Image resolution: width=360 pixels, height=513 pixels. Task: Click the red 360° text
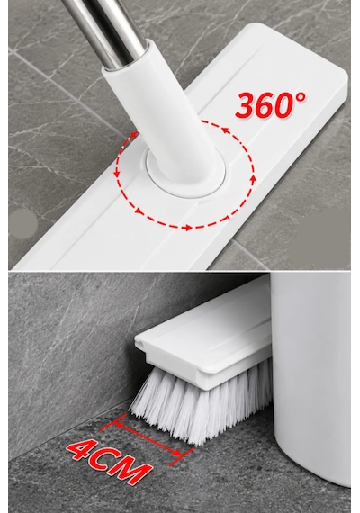tap(270, 105)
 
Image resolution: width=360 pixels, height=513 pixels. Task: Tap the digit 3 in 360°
tap(246, 106)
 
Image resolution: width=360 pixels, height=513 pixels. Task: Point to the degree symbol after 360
tap(301, 97)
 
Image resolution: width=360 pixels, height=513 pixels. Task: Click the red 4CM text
tap(109, 461)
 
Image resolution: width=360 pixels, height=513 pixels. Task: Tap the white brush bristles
tap(200, 406)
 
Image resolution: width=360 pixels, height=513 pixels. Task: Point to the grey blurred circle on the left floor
tap(22, 223)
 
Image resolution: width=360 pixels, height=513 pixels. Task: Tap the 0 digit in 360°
tap(285, 104)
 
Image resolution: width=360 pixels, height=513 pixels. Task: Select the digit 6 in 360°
tap(265, 105)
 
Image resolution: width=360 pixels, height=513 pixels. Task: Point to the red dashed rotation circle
tap(184, 227)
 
